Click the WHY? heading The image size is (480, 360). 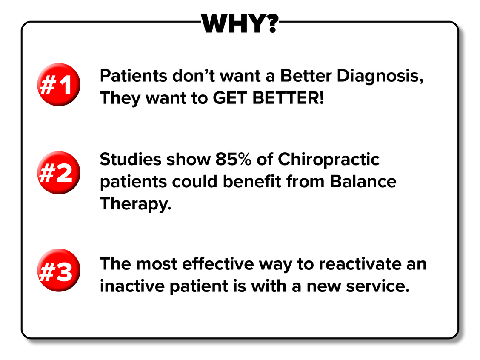(x=240, y=23)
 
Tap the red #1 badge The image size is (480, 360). (x=59, y=85)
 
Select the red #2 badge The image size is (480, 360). (x=59, y=173)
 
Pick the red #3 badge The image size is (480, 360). (x=59, y=270)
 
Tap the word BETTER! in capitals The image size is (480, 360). (x=288, y=98)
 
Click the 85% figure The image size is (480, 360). (x=233, y=159)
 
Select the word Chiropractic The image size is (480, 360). (x=329, y=160)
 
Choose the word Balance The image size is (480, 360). (x=363, y=182)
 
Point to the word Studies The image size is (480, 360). (x=131, y=159)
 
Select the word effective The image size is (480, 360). (x=218, y=264)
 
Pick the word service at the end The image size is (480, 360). (x=378, y=286)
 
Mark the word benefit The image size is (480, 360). (x=252, y=182)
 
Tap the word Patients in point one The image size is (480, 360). (x=134, y=76)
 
